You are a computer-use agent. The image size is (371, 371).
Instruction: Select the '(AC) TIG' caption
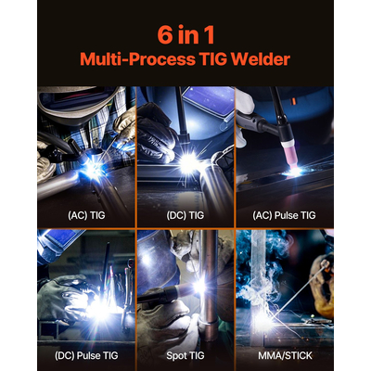pyautogui.click(x=85, y=214)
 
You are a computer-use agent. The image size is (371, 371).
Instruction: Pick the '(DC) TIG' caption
pyautogui.click(x=185, y=214)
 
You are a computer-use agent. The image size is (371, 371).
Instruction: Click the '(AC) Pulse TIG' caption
pyautogui.click(x=284, y=214)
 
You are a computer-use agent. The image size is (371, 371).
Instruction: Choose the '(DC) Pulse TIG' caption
pyautogui.click(x=85, y=353)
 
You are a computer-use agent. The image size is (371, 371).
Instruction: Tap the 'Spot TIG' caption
pyautogui.click(x=185, y=353)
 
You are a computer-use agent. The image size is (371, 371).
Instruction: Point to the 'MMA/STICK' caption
pyautogui.click(x=284, y=353)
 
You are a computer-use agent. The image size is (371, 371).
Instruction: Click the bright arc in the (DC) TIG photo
pyautogui.click(x=191, y=162)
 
